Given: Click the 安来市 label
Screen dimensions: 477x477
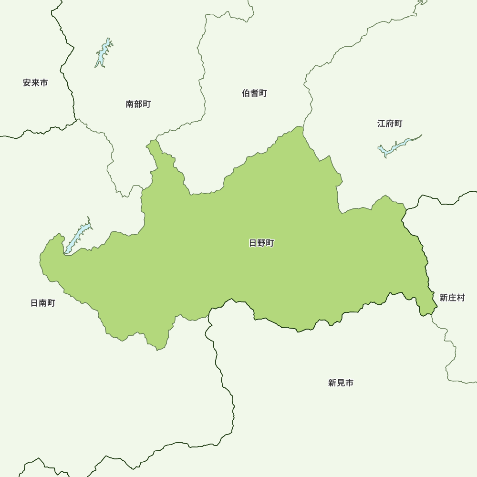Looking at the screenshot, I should [35, 83].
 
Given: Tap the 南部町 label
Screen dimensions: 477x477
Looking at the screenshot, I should [138, 104].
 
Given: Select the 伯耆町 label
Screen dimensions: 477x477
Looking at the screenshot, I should [255, 93].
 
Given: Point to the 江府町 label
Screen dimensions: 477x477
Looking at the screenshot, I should [390, 124].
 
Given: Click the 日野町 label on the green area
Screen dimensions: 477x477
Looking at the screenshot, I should [262, 243].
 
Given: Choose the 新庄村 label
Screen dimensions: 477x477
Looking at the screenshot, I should [452, 298].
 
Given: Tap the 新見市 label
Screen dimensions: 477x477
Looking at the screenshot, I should [341, 383].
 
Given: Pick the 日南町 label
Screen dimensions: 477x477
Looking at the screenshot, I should [43, 303].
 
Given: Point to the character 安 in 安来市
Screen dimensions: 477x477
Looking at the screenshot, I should [27, 83].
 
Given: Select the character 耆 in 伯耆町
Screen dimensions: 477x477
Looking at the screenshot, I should [255, 93].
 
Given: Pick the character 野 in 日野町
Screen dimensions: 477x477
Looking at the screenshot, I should [262, 243].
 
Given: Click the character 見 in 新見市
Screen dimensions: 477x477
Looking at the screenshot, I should [341, 383].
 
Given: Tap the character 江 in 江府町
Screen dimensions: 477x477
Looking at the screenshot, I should [382, 124].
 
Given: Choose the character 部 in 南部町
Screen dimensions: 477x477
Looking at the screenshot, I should [138, 104].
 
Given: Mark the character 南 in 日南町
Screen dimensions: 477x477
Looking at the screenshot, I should [43, 303].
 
